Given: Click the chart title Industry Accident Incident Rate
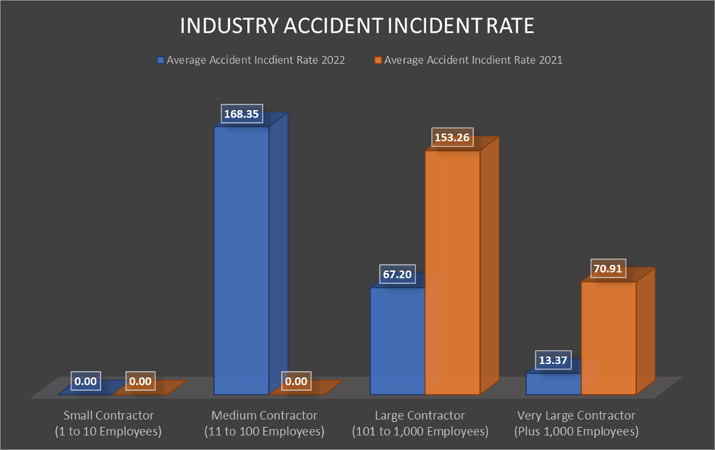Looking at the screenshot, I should coord(357,26).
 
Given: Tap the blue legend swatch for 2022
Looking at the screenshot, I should coord(160,60).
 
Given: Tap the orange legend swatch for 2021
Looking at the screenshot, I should coord(378,60).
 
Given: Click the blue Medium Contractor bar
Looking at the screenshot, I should coord(241,258).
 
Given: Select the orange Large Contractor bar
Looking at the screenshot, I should coord(452,273).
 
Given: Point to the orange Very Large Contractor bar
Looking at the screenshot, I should coord(608,338).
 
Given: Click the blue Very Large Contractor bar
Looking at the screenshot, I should coord(553,383).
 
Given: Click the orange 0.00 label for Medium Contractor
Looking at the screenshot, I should coord(296,381).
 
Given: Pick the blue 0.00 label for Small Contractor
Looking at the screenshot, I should coord(86,381).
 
